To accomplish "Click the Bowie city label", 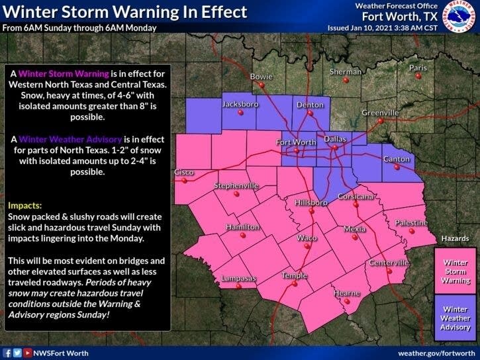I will [261, 77].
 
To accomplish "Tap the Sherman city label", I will [346, 71].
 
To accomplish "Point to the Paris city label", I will [418, 67].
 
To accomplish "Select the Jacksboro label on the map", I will [240, 104].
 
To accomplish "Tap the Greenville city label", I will [380, 112].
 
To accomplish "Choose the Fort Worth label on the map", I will [296, 143].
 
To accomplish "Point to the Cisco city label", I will [183, 172].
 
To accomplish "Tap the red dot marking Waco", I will [307, 246].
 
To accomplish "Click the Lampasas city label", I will [238, 278].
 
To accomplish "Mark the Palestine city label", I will [410, 223].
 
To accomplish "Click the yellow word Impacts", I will [25, 206].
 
